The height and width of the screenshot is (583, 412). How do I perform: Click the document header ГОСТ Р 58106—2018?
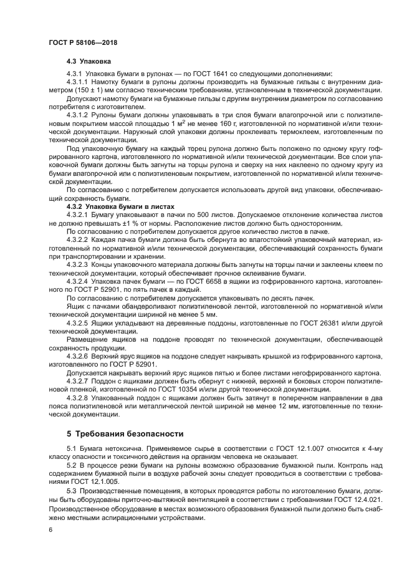[82, 42]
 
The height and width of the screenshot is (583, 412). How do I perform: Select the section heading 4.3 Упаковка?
[89, 62]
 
